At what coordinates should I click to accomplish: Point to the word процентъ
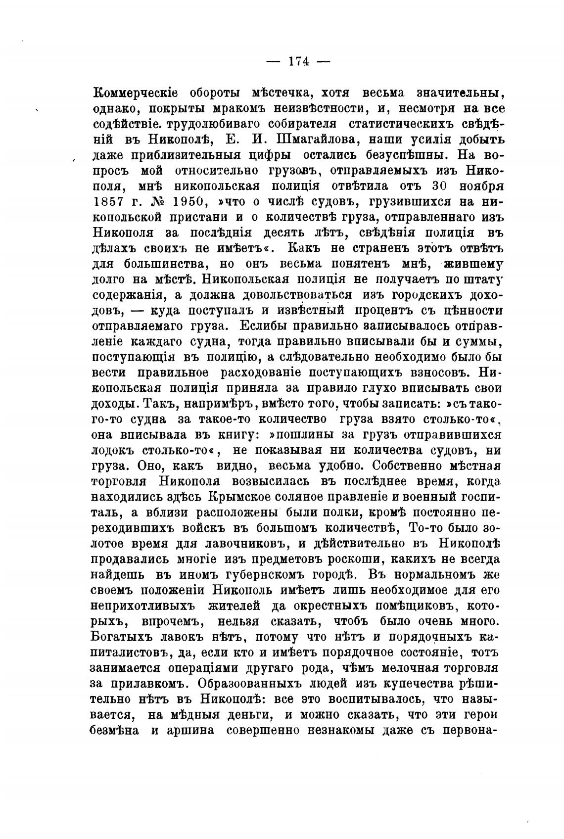(391, 311)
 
